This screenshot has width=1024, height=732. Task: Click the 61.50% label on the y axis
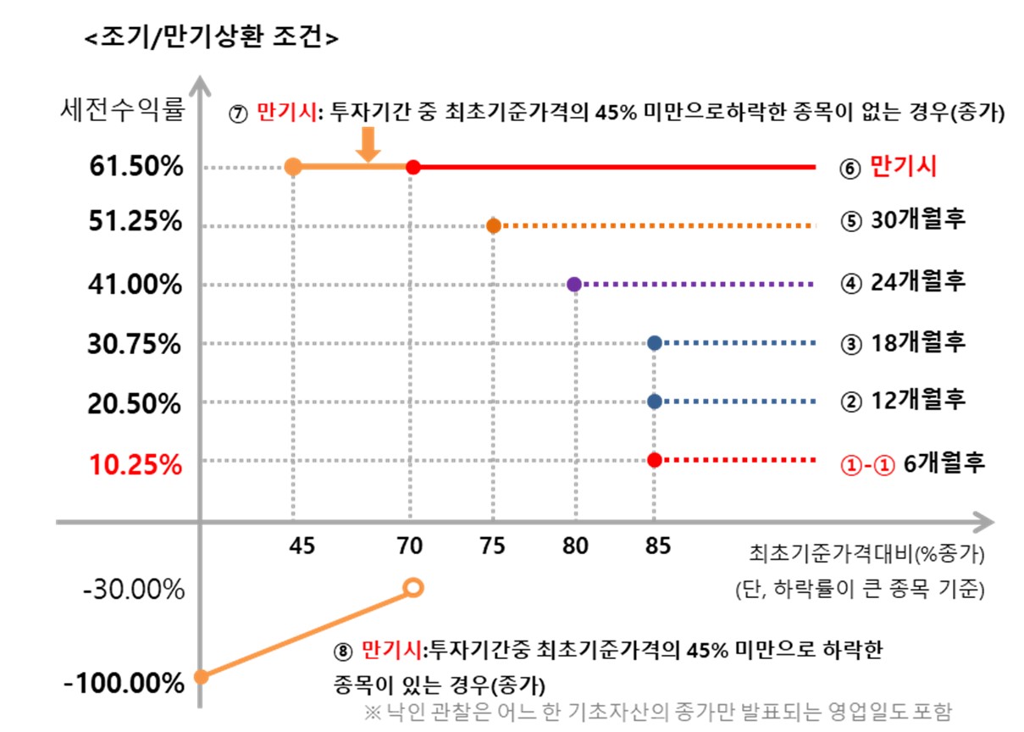tap(136, 167)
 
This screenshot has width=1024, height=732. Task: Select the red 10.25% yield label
tap(136, 464)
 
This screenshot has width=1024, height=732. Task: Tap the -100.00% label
tap(125, 683)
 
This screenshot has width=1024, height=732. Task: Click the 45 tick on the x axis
tap(302, 546)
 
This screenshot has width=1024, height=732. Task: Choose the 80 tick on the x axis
tap(575, 546)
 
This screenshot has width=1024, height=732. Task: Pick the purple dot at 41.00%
tap(574, 285)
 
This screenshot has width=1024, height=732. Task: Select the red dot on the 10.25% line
tap(654, 460)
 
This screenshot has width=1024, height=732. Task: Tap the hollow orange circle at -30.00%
tap(413, 587)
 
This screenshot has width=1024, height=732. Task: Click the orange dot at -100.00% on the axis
tap(201, 676)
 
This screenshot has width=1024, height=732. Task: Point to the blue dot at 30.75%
tap(654, 343)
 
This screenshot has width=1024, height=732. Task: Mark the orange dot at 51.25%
tap(494, 226)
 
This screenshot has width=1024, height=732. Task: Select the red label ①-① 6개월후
tap(911, 464)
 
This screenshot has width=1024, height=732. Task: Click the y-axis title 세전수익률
tap(123, 110)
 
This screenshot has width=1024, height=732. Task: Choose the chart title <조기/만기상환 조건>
tap(213, 38)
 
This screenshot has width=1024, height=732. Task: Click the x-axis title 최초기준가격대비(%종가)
tap(866, 555)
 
